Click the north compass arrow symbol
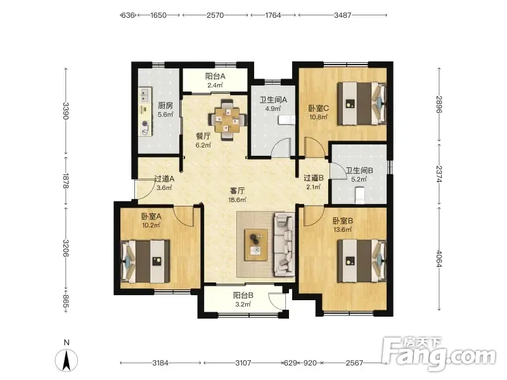67,360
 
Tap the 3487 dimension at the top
342,15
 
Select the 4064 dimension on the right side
439,258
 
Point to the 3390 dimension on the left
66,111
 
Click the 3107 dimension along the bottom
243,363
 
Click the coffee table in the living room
256,244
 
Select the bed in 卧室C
362,103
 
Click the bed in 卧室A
145,262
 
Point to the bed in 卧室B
362,261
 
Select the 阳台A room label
215,76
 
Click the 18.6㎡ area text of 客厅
237,199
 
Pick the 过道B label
313,178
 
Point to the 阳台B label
243,295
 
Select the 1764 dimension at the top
273,15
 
